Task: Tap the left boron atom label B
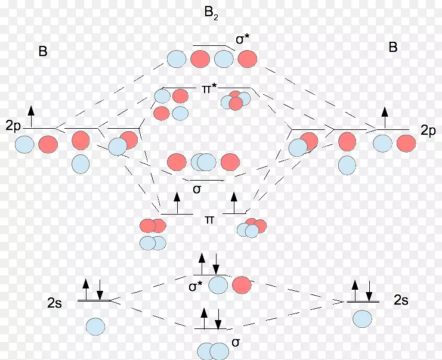pos(43,51)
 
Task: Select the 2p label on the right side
pos(427,131)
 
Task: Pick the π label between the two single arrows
pos(209,220)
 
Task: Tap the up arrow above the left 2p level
pos(31,115)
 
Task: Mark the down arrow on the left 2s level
pos(100,288)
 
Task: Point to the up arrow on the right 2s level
pos(356,289)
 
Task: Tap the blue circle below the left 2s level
pos(95,326)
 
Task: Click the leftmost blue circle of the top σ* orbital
pos(177,59)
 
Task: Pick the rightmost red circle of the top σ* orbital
pos(247,58)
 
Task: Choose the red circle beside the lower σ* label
pos(242,285)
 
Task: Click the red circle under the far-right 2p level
pos(406,144)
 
